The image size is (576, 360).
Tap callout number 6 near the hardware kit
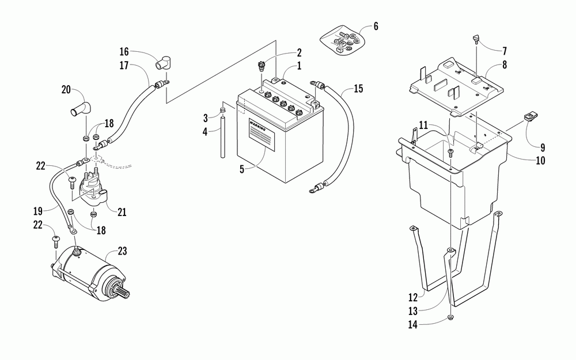(x=376, y=26)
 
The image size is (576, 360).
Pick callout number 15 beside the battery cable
(x=358, y=89)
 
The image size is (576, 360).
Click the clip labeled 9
(x=529, y=116)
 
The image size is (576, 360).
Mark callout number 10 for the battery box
(x=540, y=161)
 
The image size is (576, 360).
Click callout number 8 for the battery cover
(x=504, y=65)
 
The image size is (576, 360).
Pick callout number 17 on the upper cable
(x=124, y=65)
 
